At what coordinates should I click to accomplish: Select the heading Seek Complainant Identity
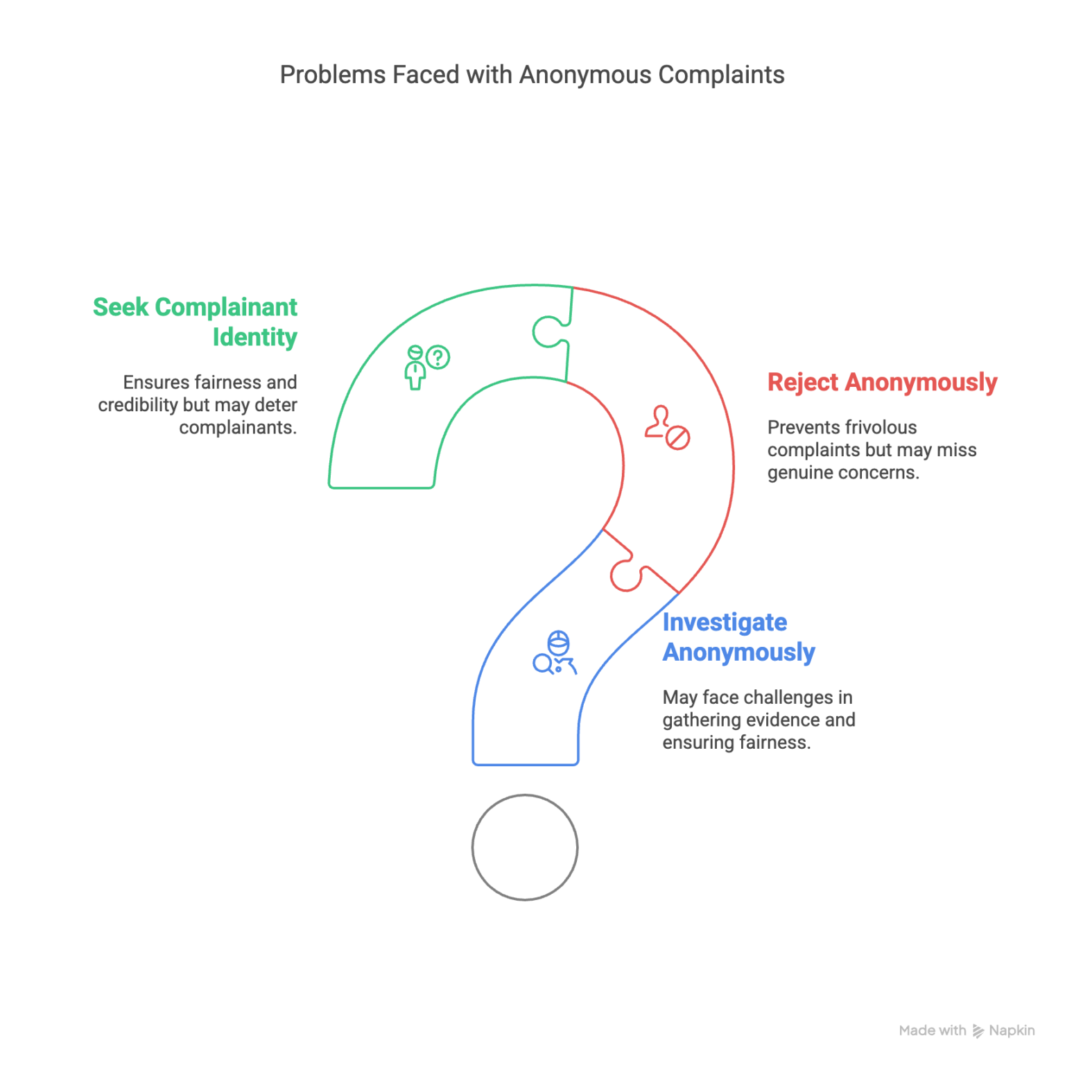point(196,322)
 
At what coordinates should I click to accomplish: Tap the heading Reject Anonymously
point(882,382)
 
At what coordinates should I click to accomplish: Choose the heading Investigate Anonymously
point(738,637)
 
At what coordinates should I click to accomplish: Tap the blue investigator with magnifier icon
point(555,653)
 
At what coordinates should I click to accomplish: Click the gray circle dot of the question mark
point(525,847)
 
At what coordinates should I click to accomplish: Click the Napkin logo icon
point(978,1031)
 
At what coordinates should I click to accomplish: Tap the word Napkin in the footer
point(1012,1031)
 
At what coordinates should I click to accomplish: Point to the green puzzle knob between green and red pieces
point(548,331)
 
